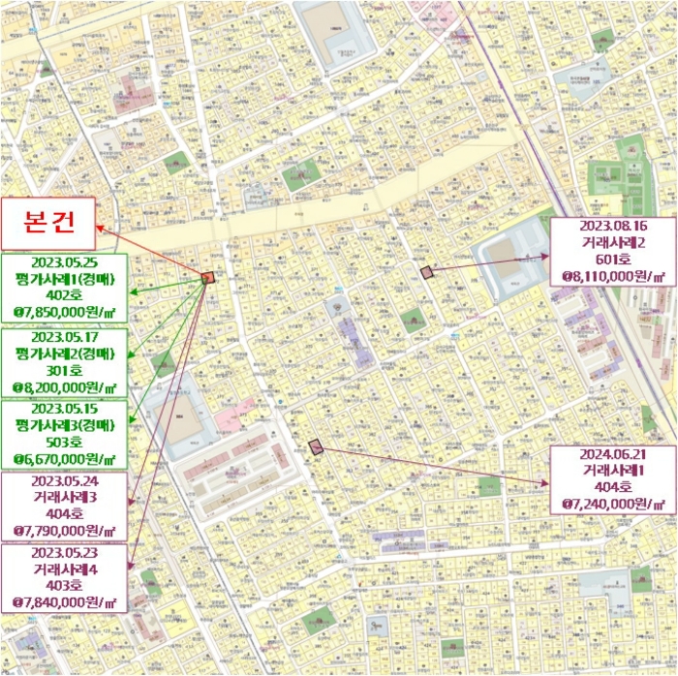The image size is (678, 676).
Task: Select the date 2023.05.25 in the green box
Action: coord(64,262)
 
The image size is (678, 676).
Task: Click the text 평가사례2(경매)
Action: coord(64,353)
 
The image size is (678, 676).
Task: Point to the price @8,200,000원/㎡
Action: coord(64,387)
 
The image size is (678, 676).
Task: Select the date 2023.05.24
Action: coord(64,480)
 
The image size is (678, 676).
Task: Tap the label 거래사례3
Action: coord(64,498)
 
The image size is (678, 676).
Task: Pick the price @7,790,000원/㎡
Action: coord(64,532)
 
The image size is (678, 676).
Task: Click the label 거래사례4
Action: coord(64,568)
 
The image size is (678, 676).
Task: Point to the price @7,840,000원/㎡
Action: coord(64,602)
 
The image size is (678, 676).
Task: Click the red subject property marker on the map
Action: coord(207,277)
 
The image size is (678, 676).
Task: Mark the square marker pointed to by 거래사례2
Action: coord(427,272)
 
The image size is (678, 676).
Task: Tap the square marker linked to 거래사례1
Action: coord(314,446)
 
